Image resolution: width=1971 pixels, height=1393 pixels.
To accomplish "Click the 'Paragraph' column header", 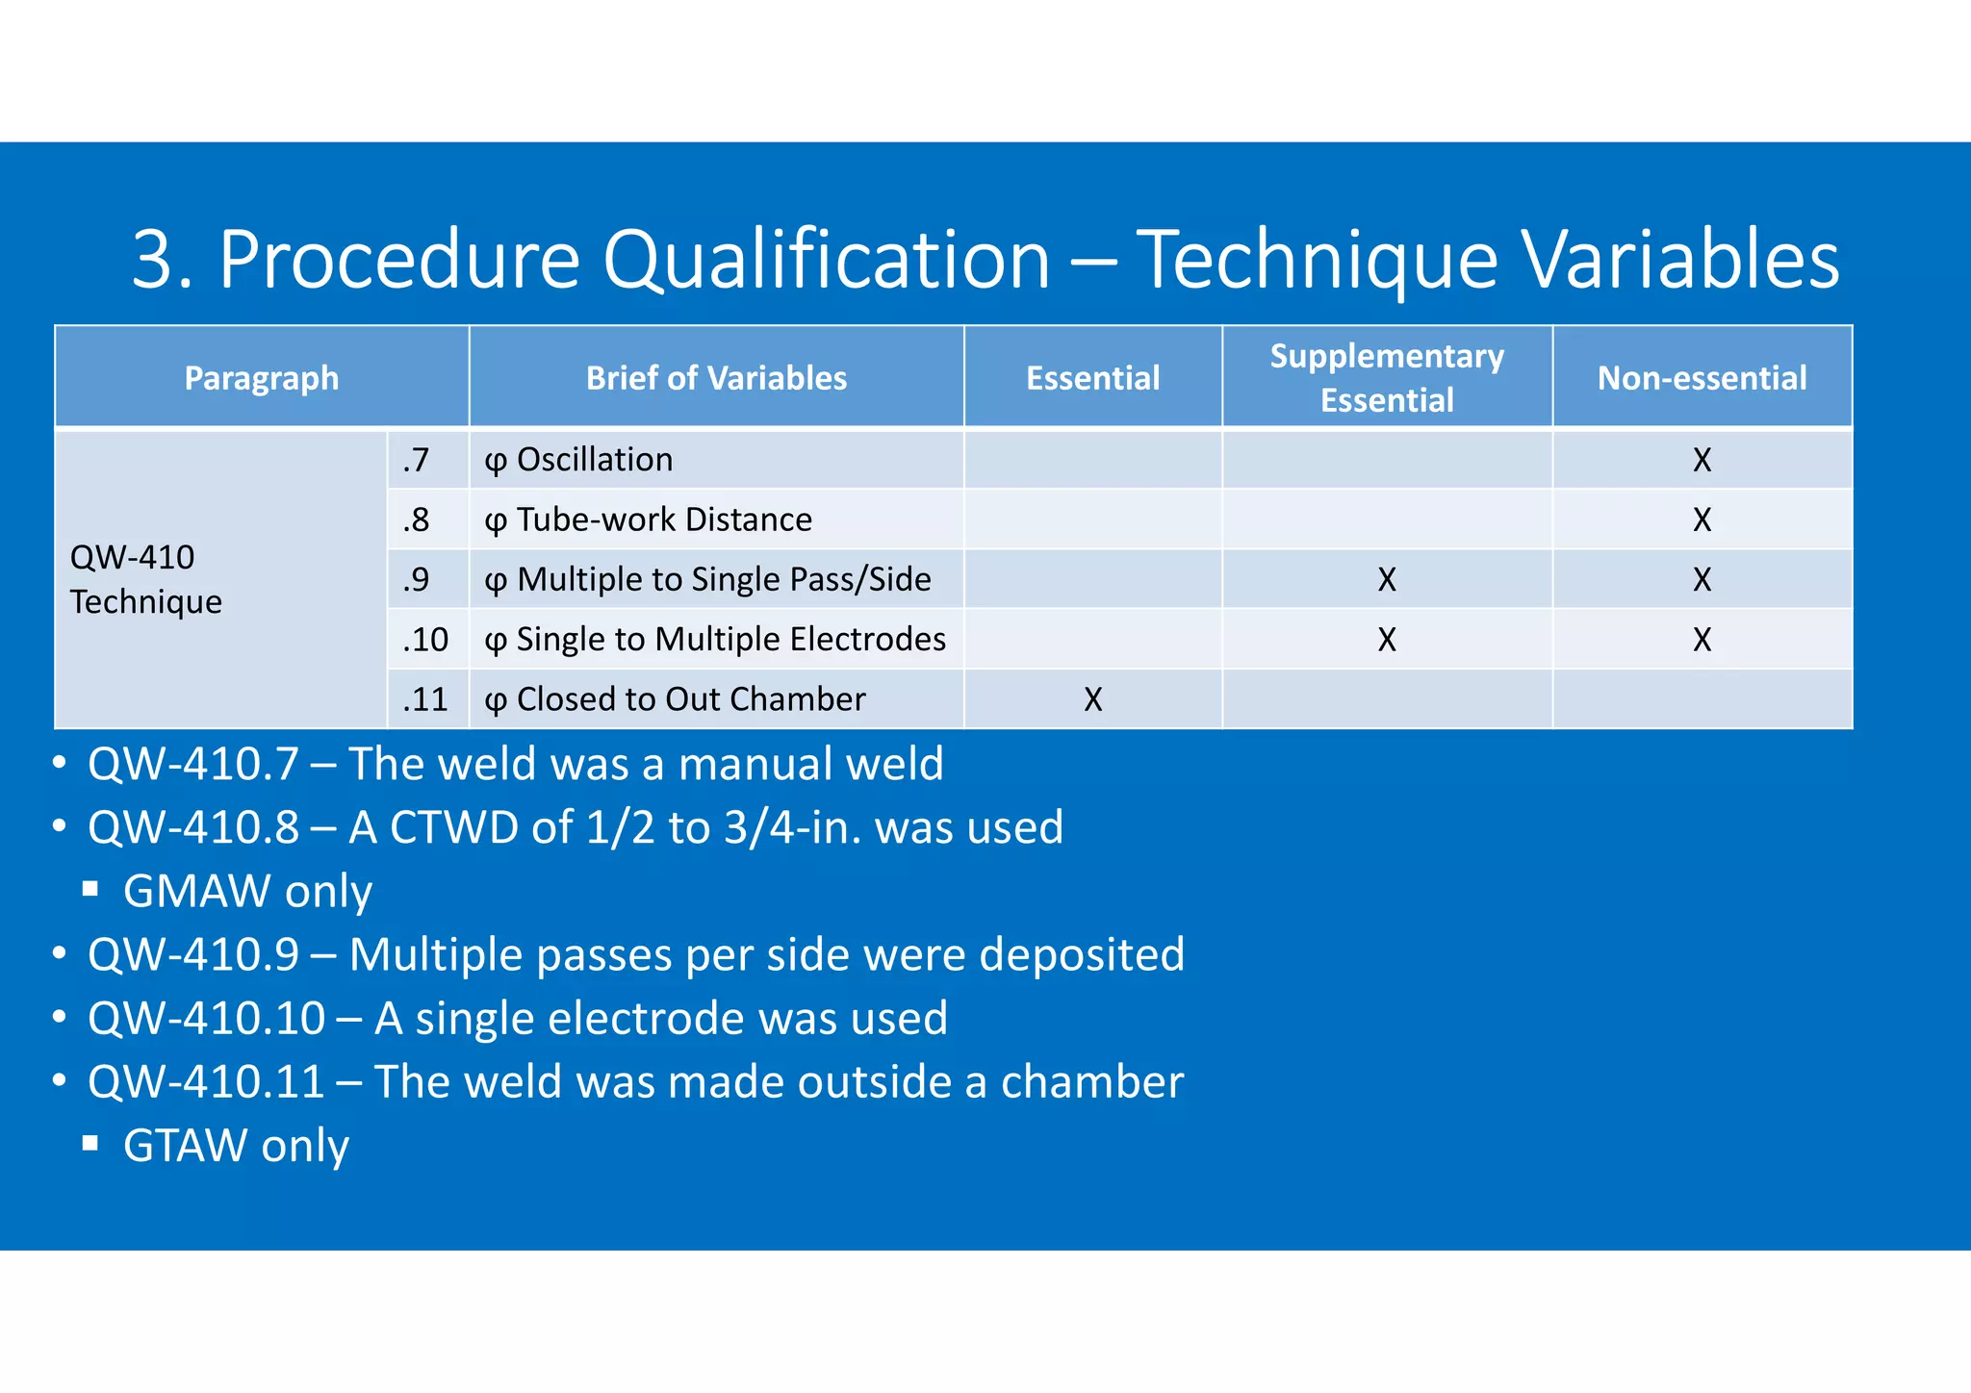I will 261,378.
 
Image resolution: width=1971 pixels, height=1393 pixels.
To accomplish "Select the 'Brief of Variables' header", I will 716,378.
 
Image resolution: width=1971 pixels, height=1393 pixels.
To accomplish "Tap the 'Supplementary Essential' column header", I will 1386,378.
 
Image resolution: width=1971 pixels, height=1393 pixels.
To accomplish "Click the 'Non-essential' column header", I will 1702,378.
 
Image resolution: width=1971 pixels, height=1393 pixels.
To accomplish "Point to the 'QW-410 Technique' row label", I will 145,579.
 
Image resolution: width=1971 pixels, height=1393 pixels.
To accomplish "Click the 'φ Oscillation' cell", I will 578,460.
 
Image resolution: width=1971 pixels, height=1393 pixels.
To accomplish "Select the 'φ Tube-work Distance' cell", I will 648,519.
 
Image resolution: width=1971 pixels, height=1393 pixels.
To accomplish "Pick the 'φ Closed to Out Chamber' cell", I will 675,699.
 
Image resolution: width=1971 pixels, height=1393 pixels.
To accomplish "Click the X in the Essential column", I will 1092,699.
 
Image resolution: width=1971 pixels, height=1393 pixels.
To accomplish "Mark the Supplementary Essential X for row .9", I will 1386,579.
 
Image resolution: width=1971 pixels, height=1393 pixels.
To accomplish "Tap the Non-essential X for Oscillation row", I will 1702,460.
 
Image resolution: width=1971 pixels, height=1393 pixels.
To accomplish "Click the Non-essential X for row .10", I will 1702,640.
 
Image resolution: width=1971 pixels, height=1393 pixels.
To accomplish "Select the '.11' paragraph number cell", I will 425,699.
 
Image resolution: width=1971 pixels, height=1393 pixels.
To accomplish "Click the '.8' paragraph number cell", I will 416,519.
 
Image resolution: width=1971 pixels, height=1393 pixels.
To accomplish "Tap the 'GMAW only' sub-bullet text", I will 247,891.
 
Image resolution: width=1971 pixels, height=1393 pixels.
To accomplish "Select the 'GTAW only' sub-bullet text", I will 236,1146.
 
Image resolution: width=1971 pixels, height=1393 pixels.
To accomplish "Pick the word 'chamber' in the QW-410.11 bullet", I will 1091,1082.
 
